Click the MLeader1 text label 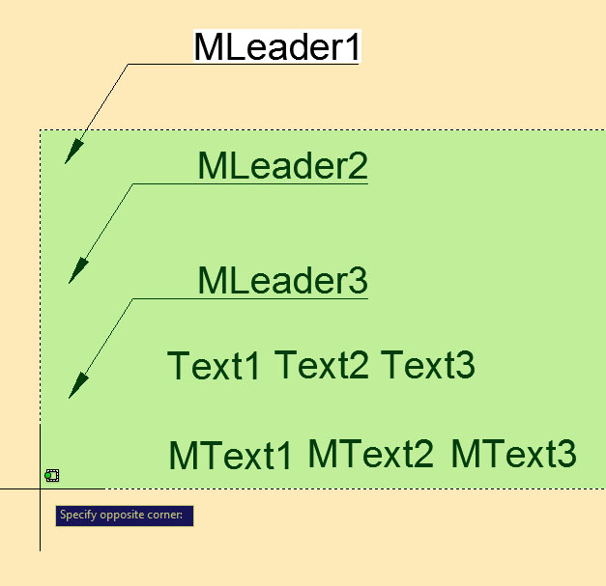tap(277, 46)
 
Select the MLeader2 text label tap(282, 166)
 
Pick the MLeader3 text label tap(282, 280)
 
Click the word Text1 tap(214, 365)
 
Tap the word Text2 tap(321, 365)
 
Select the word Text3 tap(428, 365)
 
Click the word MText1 tap(230, 455)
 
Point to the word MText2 tap(370, 454)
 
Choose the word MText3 tap(513, 454)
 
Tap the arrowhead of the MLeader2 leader tap(78, 272)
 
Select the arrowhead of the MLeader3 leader tap(78, 386)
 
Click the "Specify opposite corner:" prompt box tap(125, 516)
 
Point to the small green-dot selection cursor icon tap(52, 476)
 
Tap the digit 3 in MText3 tap(567, 454)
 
